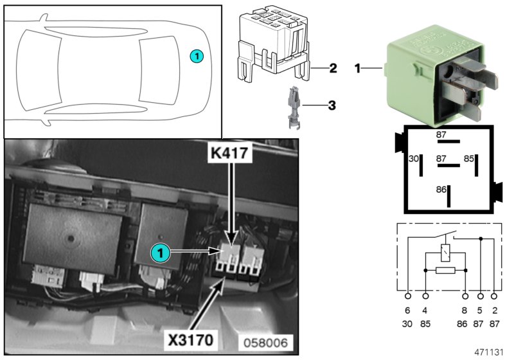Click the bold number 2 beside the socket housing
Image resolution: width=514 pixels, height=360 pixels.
click(x=333, y=67)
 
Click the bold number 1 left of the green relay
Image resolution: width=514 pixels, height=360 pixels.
click(x=358, y=67)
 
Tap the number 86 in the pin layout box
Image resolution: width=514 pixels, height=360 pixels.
click(x=441, y=191)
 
